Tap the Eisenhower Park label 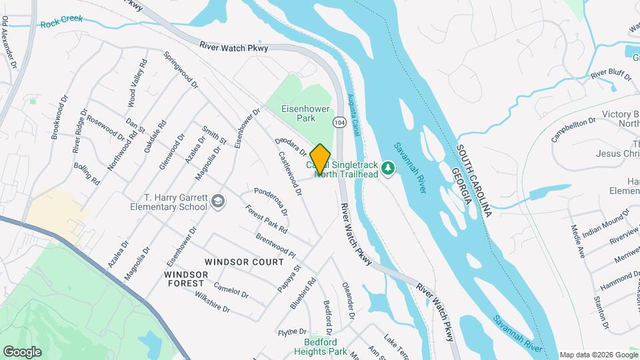tap(297, 113)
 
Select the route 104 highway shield tap(339, 123)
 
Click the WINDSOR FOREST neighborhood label tap(184, 279)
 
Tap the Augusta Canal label tap(354, 113)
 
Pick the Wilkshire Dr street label tap(213, 304)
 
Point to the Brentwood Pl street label tap(275, 246)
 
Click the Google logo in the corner tap(22, 351)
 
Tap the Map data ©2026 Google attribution tap(598, 355)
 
